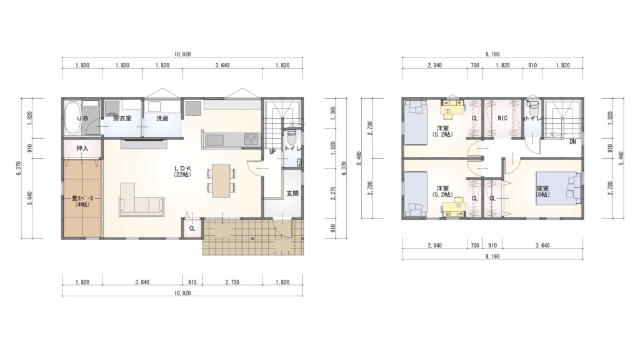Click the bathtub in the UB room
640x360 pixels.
coord(73,118)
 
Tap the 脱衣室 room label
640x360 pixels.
coord(122,118)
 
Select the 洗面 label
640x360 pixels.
coord(162,118)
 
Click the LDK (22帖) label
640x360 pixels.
coord(182,171)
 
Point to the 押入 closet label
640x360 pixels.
coord(82,149)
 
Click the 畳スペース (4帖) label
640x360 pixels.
coord(82,202)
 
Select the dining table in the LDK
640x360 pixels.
coord(221,180)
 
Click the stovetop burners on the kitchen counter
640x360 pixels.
coord(252,139)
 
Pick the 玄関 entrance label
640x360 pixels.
coord(292,193)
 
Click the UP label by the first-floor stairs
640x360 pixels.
coord(272,152)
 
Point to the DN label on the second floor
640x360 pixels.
coord(572,142)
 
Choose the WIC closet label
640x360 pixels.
coord(502,118)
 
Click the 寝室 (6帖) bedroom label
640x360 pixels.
coord(543,192)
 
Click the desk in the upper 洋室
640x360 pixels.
coord(453,107)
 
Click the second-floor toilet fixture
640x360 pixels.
coord(532,107)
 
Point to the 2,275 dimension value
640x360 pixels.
coord(333,193)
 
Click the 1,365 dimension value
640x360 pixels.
coord(333,113)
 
